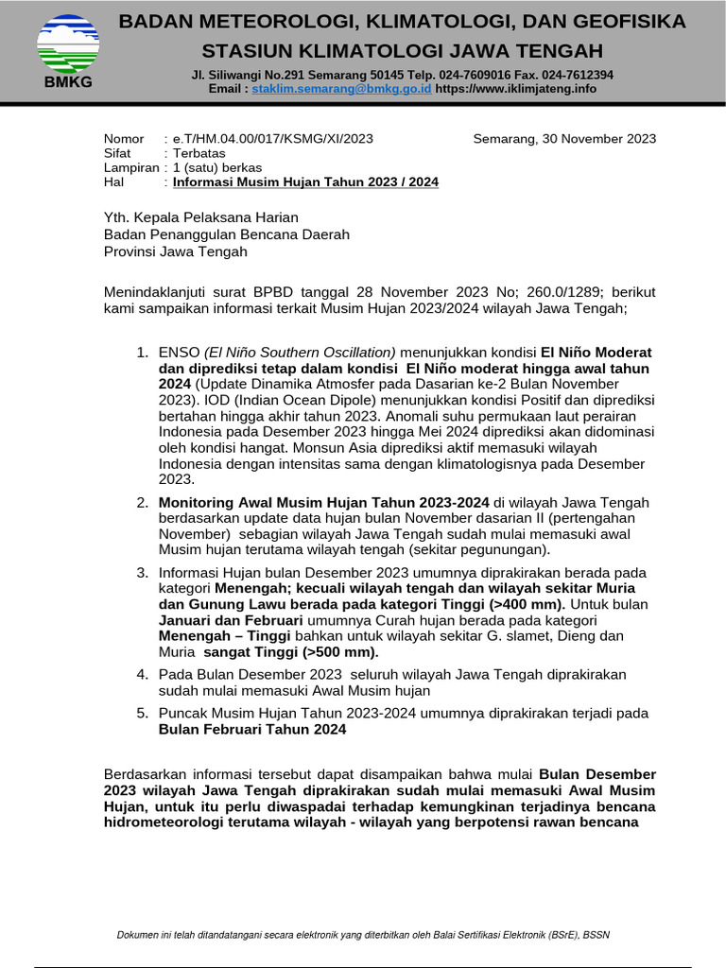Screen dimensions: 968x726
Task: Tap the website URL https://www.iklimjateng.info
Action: tap(516, 88)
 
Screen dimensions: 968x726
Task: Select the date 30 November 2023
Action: tap(564, 139)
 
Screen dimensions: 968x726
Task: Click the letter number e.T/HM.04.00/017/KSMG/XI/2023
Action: tap(272, 139)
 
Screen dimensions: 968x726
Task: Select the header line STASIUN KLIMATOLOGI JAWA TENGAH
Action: tap(402, 50)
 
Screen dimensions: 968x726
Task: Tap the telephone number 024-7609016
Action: tap(459, 75)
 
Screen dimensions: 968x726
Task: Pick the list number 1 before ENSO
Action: tap(142, 353)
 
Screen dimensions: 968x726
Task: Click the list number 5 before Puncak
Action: tap(142, 713)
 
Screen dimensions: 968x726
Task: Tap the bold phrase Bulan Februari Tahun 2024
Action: tap(252, 730)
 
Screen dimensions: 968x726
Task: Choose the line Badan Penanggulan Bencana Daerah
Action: tap(226, 234)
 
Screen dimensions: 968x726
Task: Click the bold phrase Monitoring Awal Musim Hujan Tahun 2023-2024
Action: tap(324, 502)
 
